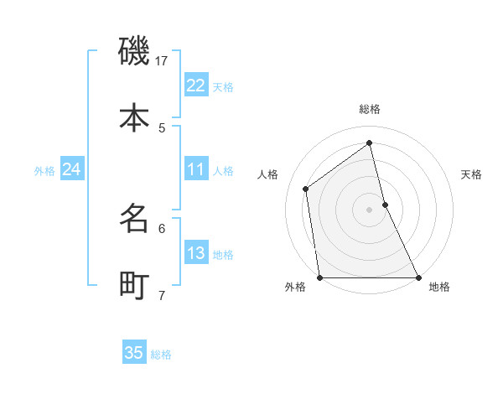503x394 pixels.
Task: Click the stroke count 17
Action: [x=162, y=60]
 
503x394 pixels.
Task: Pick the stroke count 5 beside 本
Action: [x=162, y=127]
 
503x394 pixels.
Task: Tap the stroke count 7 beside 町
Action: [x=162, y=295]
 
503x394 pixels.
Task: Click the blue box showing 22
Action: [x=196, y=86]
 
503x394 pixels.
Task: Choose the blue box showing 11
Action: [x=196, y=169]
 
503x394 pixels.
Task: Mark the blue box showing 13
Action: [x=196, y=253]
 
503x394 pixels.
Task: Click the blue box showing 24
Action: [x=72, y=169]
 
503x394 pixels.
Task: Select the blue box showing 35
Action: [x=134, y=353]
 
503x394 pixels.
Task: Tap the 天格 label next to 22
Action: [x=223, y=87]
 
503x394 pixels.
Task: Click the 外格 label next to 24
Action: [x=44, y=171]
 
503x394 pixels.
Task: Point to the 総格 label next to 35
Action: [x=161, y=355]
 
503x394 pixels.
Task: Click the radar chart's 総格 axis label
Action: [x=370, y=109]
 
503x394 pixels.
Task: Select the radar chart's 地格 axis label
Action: [x=439, y=288]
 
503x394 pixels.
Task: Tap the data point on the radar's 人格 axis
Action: [x=306, y=189]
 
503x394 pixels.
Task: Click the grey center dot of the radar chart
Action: [x=370, y=210]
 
